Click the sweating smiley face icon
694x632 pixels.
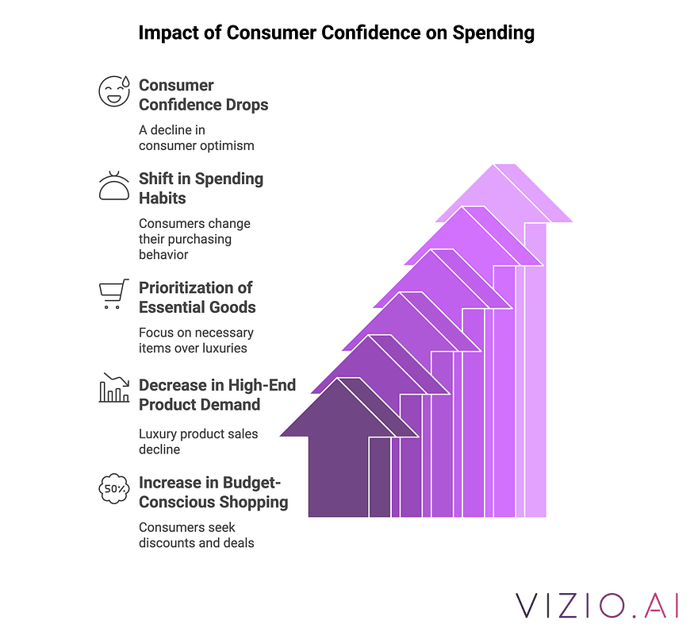click(114, 91)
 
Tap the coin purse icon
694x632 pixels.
click(114, 186)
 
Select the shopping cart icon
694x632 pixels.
click(114, 294)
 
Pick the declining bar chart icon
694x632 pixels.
click(114, 387)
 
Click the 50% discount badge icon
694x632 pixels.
click(114, 488)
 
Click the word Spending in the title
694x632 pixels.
click(493, 33)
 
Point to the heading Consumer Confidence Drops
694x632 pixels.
click(203, 94)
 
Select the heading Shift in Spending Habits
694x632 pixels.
click(201, 188)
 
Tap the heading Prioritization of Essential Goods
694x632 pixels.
click(197, 298)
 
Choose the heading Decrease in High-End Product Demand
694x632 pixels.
click(217, 395)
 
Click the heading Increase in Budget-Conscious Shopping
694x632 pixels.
click(213, 492)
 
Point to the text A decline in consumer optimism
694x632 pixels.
click(196, 138)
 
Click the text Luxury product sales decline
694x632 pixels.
click(198, 441)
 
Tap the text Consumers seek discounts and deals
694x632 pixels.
click(196, 535)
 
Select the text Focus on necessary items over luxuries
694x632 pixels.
click(196, 340)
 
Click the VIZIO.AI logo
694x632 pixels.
click(596, 606)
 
